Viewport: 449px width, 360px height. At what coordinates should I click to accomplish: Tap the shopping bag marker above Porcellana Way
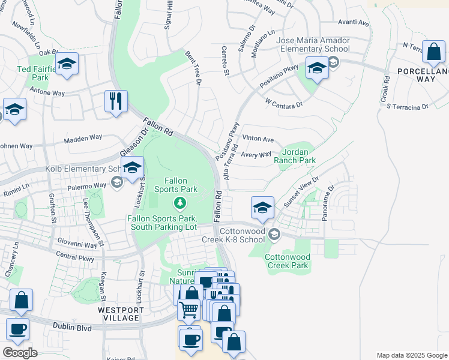tap(433, 52)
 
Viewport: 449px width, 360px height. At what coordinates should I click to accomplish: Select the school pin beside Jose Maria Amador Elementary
tap(316, 67)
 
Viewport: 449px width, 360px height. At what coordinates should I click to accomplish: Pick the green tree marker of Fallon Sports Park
tap(179, 204)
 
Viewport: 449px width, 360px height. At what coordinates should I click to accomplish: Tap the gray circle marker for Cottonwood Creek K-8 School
tap(274, 233)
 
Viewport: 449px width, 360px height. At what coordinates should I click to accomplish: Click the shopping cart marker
tap(188, 309)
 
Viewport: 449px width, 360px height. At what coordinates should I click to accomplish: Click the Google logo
tap(20, 352)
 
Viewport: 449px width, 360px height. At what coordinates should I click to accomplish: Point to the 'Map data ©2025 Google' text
tap(411, 355)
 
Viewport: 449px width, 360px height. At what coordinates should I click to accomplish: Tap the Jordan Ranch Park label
tap(295, 157)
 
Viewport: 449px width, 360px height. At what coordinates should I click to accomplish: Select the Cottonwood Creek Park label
tap(286, 261)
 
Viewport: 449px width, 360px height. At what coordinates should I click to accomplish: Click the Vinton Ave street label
tap(259, 140)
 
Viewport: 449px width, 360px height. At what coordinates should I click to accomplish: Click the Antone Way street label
tap(47, 93)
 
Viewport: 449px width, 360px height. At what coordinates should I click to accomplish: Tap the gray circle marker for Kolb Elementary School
tap(117, 181)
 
